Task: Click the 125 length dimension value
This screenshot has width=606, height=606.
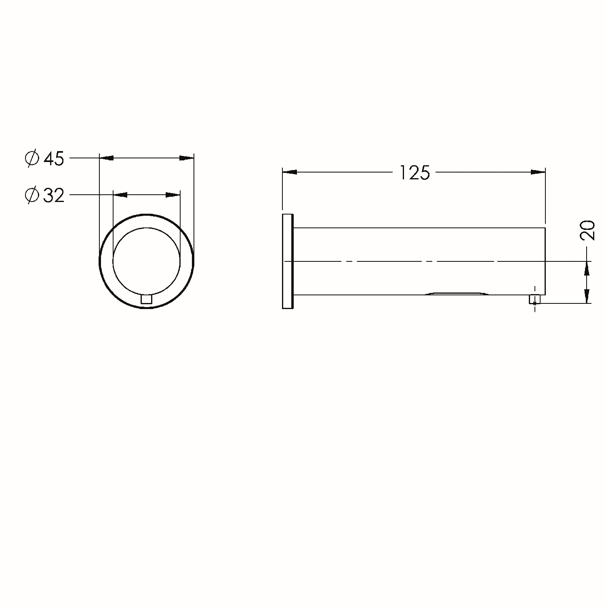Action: (x=415, y=173)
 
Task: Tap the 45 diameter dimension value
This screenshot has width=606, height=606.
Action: (x=54, y=159)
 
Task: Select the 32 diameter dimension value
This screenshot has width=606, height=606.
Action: (x=54, y=196)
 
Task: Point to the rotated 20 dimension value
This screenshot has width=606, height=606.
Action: (x=588, y=231)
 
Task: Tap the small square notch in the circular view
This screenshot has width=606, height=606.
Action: (x=146, y=299)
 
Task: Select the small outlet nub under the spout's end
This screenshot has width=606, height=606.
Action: (x=535, y=299)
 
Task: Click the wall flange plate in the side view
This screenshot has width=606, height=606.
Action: (x=287, y=261)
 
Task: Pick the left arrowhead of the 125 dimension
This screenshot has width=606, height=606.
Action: (x=289, y=173)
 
